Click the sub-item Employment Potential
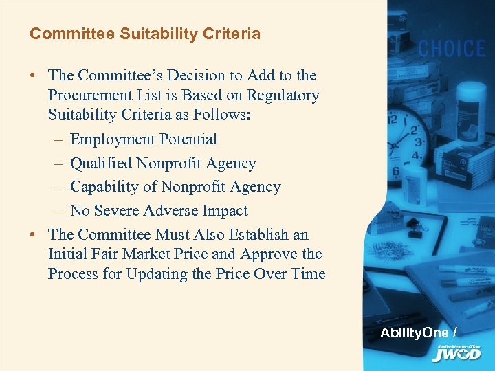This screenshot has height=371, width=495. pos(143,139)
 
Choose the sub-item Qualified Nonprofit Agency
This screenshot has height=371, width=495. pos(163,164)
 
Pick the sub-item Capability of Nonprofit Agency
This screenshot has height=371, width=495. pos(175,187)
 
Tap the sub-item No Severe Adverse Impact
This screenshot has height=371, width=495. pos(159,211)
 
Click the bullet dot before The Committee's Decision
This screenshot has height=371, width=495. pos(34,76)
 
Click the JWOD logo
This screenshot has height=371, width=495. pos(456,353)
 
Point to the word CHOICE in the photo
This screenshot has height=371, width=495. pos(452,49)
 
